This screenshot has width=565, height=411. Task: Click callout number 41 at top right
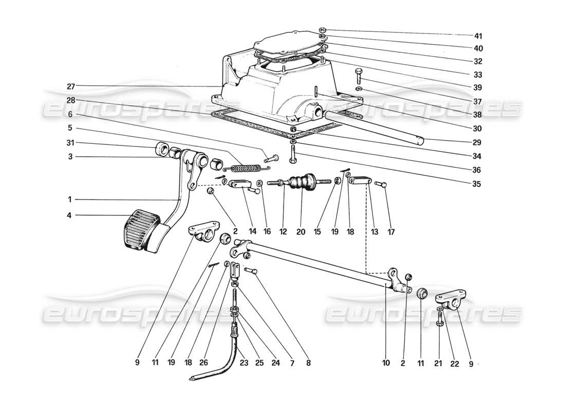[478, 36]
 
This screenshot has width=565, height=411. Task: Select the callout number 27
[70, 86]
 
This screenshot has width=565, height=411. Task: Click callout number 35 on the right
[478, 183]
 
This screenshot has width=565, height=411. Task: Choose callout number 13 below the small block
[374, 232]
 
